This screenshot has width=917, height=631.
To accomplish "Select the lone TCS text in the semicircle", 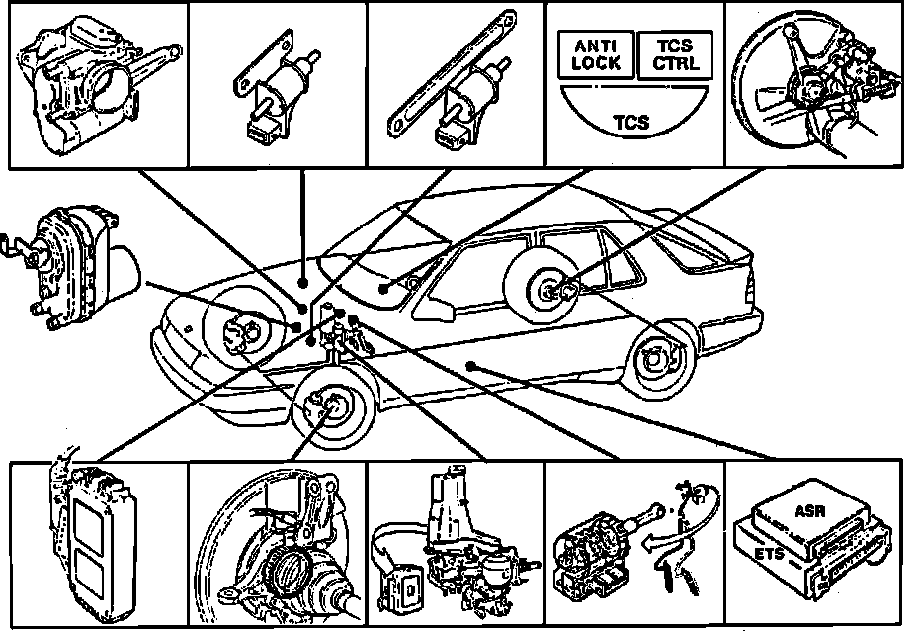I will pos(630,123).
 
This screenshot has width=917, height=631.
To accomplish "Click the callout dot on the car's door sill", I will pos(472,366).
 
